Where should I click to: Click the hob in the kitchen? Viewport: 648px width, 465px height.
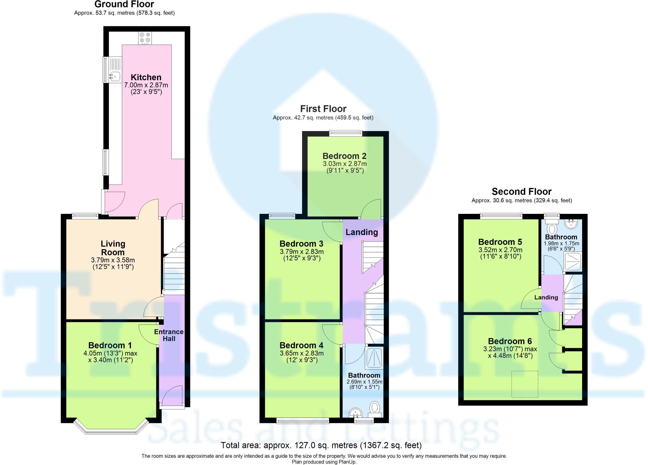point(145,38)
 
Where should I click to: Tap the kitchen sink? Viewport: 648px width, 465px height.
point(115,76)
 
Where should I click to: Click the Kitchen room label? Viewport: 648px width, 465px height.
point(146,77)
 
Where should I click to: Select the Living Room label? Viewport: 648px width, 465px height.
point(113,248)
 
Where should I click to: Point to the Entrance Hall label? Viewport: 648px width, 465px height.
point(169,335)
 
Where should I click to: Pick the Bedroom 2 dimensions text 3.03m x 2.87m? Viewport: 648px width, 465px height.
point(345,164)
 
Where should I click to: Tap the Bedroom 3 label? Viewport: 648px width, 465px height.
point(301,244)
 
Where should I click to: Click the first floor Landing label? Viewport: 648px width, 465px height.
point(362,232)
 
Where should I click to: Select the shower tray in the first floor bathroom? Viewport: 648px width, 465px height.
point(374,358)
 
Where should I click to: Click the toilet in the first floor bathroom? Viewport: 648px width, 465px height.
point(375,408)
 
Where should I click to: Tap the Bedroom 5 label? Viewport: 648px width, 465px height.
point(500,242)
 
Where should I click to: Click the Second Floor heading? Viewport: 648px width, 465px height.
point(521,191)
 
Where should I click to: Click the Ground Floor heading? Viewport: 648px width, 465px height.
point(124,4)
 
